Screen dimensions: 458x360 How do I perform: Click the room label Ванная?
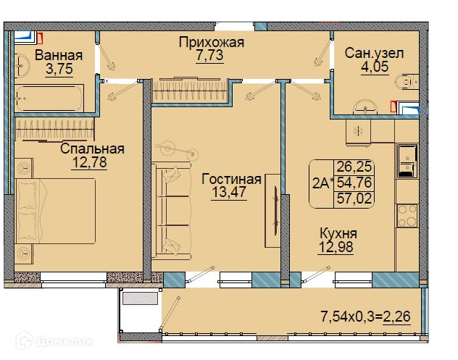click(59, 55)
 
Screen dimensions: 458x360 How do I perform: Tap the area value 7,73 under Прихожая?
click(209, 55)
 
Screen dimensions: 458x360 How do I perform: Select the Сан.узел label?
click(374, 54)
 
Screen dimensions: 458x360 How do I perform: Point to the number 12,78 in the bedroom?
click(89, 162)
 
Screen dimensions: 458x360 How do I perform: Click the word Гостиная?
click(231, 179)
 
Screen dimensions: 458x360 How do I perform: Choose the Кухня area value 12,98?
click(336, 247)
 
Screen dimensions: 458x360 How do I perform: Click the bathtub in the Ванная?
click(49, 98)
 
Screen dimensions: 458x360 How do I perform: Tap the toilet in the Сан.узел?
click(407, 82)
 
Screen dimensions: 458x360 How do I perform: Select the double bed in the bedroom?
click(56, 211)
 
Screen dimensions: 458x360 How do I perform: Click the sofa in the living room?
click(172, 211)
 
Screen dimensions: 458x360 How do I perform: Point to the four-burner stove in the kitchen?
click(407, 216)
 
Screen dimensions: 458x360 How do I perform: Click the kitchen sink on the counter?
click(407, 161)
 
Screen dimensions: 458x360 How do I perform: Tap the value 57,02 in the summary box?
click(354, 198)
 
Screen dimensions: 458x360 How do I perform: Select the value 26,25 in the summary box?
click(354, 167)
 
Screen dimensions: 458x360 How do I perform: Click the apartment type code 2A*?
click(322, 184)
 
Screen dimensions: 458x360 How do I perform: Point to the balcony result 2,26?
click(396, 317)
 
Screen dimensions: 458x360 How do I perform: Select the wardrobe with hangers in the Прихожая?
click(190, 90)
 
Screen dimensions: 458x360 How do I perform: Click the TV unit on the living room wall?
click(272, 211)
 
